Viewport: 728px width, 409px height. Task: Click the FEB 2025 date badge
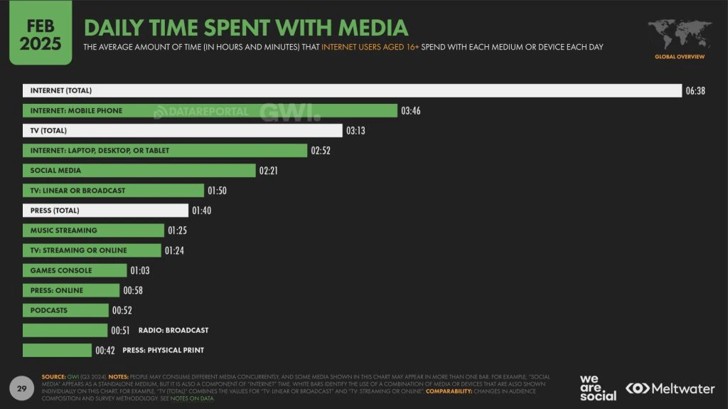click(x=40, y=33)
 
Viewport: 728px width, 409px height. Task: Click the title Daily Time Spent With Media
click(x=246, y=28)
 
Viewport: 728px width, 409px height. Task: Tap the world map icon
click(x=679, y=33)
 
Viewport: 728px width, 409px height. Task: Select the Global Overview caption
click(x=680, y=56)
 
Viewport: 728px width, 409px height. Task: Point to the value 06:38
click(x=695, y=91)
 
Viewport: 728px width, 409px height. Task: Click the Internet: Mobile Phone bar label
click(x=76, y=111)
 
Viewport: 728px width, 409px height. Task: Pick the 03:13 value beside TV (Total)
click(x=355, y=131)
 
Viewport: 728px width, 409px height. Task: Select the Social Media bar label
click(x=55, y=171)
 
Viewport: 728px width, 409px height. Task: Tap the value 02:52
click(x=321, y=151)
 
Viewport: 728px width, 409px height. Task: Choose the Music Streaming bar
click(x=93, y=230)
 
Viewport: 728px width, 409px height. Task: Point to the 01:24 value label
click(x=175, y=250)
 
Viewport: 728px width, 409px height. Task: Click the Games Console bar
click(x=75, y=270)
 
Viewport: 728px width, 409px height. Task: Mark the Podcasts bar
click(x=65, y=310)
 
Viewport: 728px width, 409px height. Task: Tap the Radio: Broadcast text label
click(x=173, y=330)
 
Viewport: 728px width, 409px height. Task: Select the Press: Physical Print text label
click(x=163, y=350)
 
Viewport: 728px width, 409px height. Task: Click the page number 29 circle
click(x=21, y=388)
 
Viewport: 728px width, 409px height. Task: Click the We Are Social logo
click(x=598, y=388)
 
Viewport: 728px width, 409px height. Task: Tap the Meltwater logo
click(x=670, y=388)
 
